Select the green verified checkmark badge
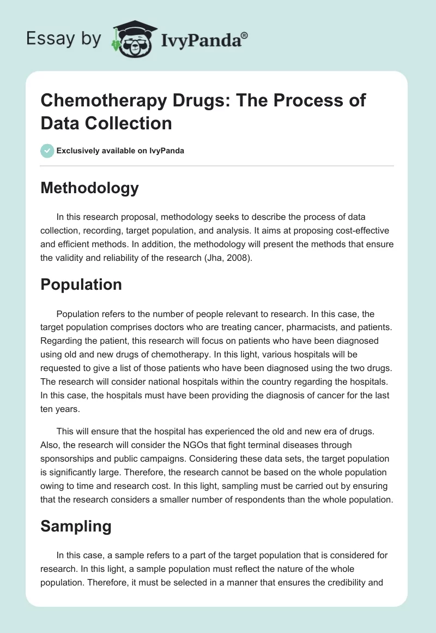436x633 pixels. coord(47,151)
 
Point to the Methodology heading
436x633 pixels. coord(90,188)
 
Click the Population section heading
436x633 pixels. coord(81,285)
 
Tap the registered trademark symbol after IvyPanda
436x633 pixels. coord(245,35)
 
